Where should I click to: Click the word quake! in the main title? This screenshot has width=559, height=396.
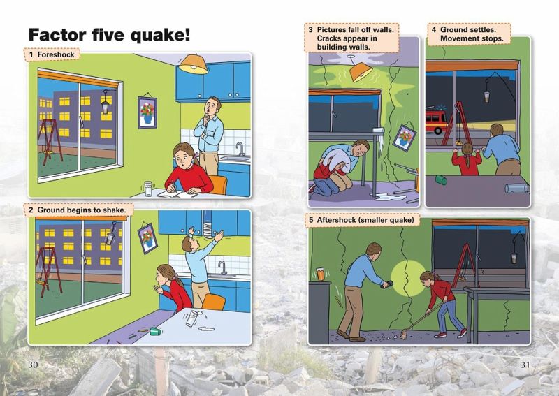point(160,36)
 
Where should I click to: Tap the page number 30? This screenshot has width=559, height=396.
point(33,365)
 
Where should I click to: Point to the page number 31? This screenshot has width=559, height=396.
point(525,365)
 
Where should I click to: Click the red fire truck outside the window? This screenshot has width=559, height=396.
point(436,120)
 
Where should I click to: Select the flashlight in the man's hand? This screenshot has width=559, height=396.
point(387,284)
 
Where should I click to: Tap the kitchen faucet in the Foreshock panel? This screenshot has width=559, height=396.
point(240,148)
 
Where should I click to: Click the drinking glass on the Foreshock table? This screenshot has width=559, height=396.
point(148,189)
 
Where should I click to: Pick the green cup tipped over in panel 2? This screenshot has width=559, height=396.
point(155,332)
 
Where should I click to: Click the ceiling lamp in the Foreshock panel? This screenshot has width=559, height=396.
point(194,64)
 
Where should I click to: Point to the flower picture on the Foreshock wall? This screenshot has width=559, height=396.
point(147,112)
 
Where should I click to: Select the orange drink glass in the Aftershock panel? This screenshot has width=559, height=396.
point(321,274)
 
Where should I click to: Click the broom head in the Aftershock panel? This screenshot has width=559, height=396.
point(404,335)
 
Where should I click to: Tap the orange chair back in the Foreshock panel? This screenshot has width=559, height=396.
point(218,184)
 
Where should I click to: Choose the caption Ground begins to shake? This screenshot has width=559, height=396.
point(82,210)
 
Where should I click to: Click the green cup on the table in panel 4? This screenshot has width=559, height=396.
point(441,179)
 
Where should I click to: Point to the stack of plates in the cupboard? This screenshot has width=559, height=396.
point(208,229)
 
